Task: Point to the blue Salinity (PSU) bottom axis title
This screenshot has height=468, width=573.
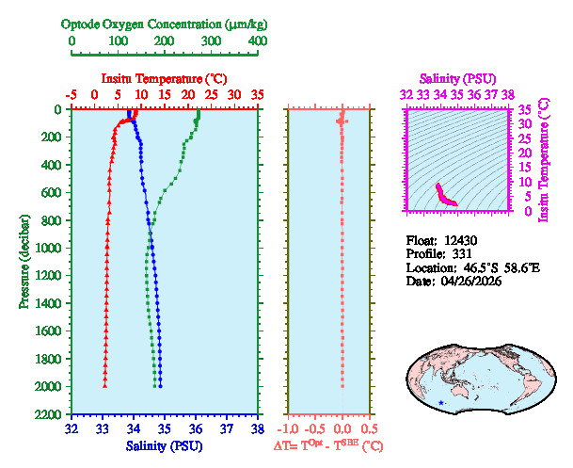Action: [165, 445]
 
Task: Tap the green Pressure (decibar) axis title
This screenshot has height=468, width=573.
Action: [24, 262]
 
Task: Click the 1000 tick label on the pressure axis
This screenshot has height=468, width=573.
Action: [51, 249]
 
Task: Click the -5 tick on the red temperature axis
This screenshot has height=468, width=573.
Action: [72, 95]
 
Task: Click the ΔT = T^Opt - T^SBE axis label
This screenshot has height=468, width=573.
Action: [328, 445]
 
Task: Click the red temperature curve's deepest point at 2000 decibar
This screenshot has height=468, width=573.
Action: [104, 386]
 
